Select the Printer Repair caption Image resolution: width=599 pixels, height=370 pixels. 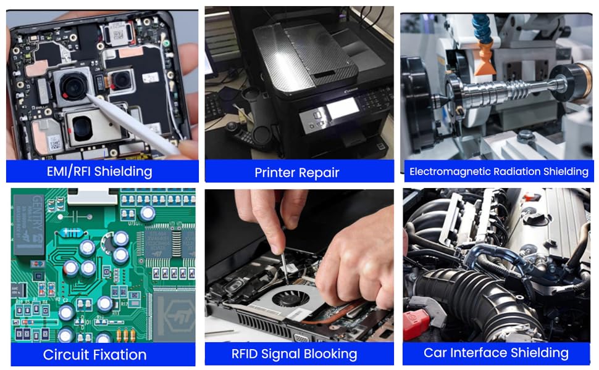(x=297, y=173)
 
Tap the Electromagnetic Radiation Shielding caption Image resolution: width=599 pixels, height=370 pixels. (x=498, y=171)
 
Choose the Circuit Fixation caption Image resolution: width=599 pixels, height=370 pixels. (x=94, y=355)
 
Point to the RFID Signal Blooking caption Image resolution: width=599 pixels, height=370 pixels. (x=294, y=354)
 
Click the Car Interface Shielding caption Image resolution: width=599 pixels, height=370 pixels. (x=496, y=353)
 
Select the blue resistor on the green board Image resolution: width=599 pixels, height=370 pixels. (x=67, y=233)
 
